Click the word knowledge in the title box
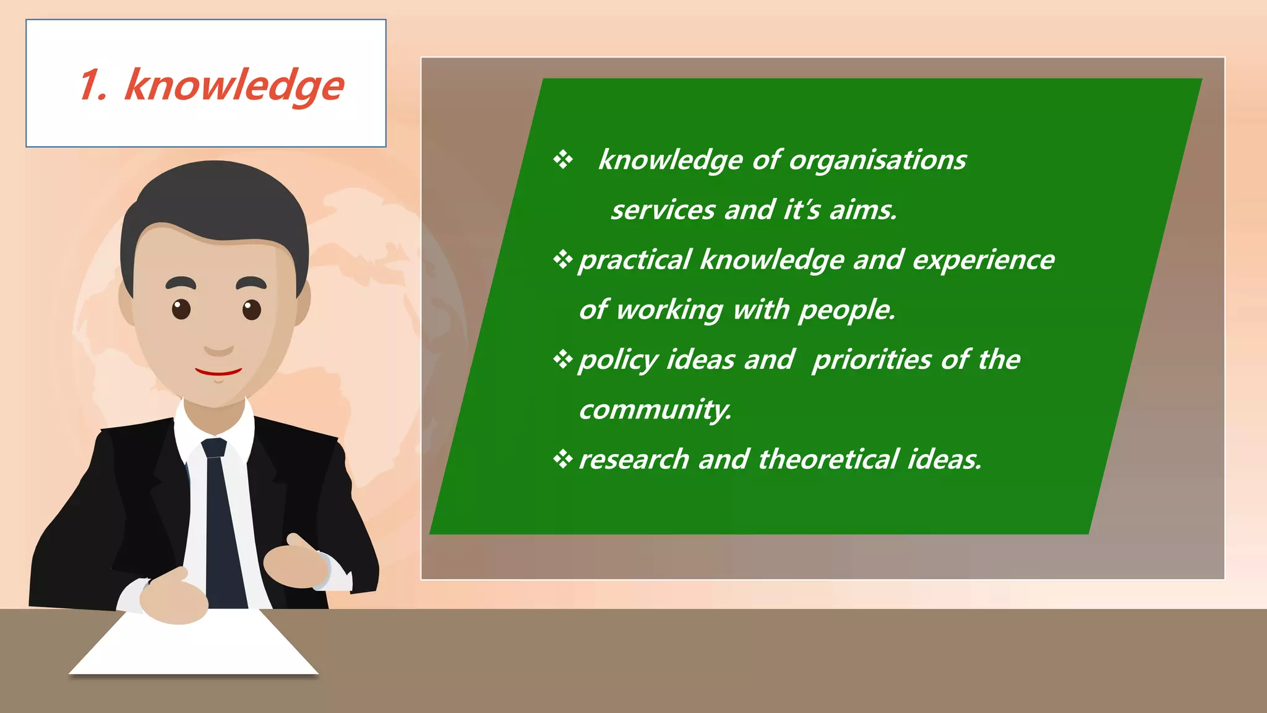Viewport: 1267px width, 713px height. tap(234, 85)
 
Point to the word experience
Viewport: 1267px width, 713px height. tap(983, 260)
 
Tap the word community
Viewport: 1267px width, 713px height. tap(655, 410)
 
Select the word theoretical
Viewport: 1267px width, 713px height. tap(828, 459)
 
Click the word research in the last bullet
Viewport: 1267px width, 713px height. tap(633, 459)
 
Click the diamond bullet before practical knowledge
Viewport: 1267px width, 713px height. tap(562, 259)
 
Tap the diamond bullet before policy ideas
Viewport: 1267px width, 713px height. tap(562, 359)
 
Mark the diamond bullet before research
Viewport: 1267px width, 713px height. tap(562, 459)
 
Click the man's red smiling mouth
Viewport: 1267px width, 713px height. tap(218, 372)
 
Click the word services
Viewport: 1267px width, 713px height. tap(663, 210)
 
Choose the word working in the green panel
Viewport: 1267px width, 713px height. tap(669, 310)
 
